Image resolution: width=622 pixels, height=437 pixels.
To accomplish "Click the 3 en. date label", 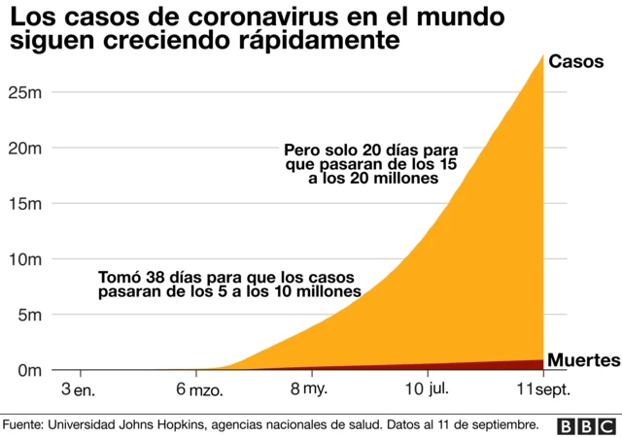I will tap(79, 389).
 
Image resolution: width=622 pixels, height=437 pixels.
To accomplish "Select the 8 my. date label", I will tap(311, 389).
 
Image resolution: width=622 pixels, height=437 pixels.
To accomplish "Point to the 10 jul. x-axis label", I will tap(427, 389).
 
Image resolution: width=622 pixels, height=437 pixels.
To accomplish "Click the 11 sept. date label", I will tap(541, 389).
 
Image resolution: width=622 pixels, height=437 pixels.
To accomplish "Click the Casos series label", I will tap(576, 61).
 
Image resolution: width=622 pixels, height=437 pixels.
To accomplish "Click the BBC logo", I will tap(586, 425).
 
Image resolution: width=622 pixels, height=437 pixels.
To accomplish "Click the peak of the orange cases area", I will tap(541, 55).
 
